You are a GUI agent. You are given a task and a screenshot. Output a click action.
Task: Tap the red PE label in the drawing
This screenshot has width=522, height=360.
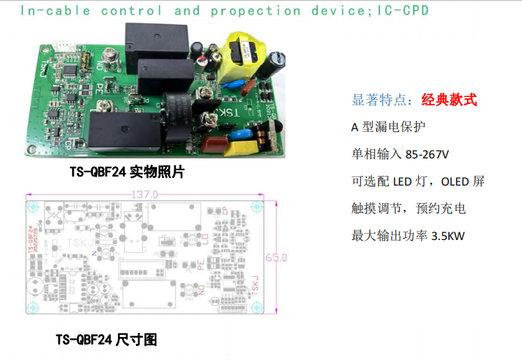coord(202,264)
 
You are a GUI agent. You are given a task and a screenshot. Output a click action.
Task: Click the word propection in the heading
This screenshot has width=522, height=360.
coord(255,10)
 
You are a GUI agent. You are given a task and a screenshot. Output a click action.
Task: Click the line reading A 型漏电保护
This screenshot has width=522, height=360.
coord(387,127)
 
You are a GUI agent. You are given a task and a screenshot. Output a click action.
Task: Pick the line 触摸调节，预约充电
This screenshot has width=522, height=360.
coord(408,209)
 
